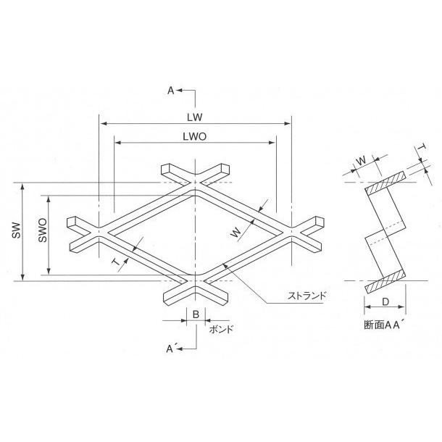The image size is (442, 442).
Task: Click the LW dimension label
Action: pyautogui.click(x=195, y=117)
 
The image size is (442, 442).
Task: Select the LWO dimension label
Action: pyautogui.click(x=195, y=137)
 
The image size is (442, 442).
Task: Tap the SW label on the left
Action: pyautogui.click(x=17, y=230)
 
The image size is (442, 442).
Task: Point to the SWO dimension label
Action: pyautogui.click(x=43, y=230)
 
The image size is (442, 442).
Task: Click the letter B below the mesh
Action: pyautogui.click(x=196, y=314)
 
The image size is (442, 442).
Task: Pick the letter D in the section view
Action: pyautogui.click(x=385, y=302)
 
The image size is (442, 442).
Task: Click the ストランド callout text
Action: pyautogui.click(x=307, y=296)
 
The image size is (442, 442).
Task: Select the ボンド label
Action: pyautogui.click(x=221, y=329)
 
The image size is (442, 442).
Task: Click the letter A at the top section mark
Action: pyautogui.click(x=171, y=91)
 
